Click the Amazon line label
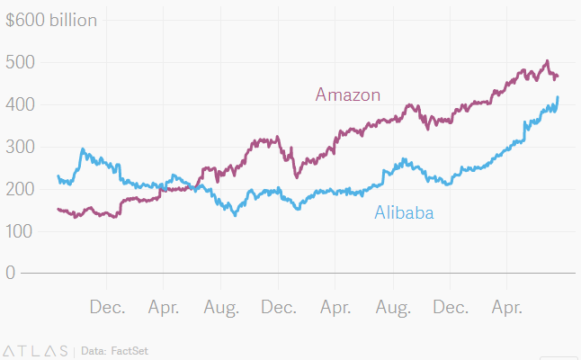pyautogui.click(x=348, y=94)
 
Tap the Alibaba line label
pyautogui.click(x=404, y=213)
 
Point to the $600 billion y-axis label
pyautogui.click(x=51, y=20)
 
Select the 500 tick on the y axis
pyautogui.click(x=20, y=62)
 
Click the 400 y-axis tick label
pyautogui.click(x=20, y=104)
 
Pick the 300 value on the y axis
pyautogui.click(x=20, y=147)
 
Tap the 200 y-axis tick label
pyautogui.click(x=20, y=189)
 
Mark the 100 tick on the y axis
pyautogui.click(x=20, y=231)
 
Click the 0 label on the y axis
pyautogui.click(x=10, y=273)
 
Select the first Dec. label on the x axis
pyautogui.click(x=108, y=308)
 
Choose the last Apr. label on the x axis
pyautogui.click(x=507, y=308)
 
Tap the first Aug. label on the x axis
pyautogui.click(x=222, y=308)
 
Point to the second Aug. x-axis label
pyautogui.click(x=393, y=308)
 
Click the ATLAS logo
pyautogui.click(x=36, y=349)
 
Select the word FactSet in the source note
pyautogui.click(x=130, y=349)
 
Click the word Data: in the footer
pyautogui.click(x=94, y=349)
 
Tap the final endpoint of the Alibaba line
pyautogui.click(x=558, y=97)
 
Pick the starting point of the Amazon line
pyautogui.click(x=58, y=209)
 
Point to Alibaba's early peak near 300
pyautogui.click(x=83, y=149)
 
